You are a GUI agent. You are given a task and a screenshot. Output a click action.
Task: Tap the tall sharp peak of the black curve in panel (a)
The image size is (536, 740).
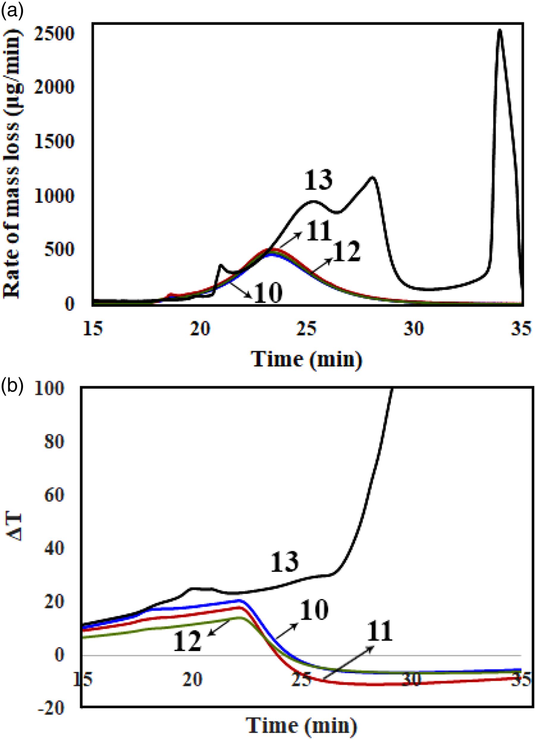pyautogui.click(x=499, y=30)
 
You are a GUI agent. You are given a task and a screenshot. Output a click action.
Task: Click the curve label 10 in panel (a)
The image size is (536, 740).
pyautogui.click(x=267, y=293)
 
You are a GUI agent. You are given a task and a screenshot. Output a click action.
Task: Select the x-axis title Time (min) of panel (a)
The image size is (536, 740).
pyautogui.click(x=307, y=359)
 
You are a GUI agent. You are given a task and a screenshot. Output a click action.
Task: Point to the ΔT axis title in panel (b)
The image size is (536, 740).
pyautogui.click(x=14, y=527)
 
